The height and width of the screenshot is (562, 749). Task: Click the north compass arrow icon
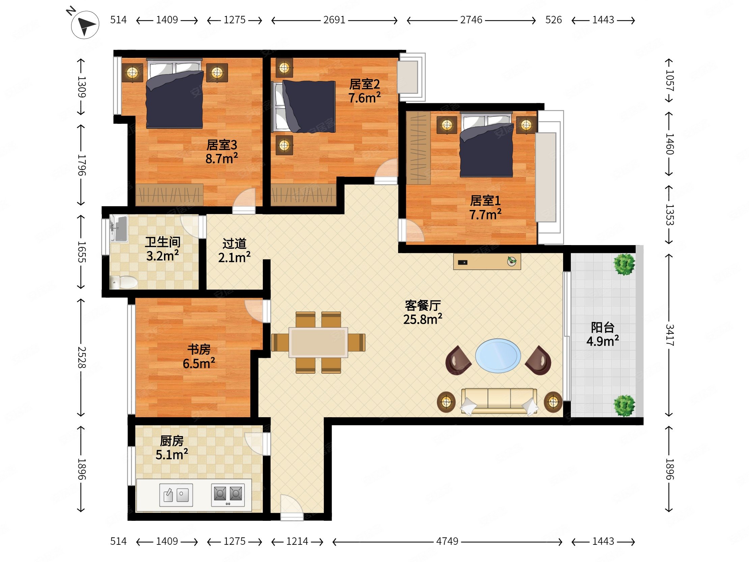(x=85, y=24)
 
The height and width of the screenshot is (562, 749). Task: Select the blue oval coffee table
(x=498, y=356)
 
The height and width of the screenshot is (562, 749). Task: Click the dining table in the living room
(x=318, y=343)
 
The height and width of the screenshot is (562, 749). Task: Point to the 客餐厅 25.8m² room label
(x=423, y=312)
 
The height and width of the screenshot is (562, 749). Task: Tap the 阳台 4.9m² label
(x=603, y=334)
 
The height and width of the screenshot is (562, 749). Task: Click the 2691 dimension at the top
(x=334, y=20)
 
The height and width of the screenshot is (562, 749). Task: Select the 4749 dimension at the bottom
(x=447, y=541)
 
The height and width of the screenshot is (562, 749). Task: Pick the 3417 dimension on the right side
(x=669, y=335)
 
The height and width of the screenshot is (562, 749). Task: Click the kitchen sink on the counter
(x=176, y=495)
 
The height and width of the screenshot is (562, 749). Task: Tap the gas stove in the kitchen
(x=228, y=495)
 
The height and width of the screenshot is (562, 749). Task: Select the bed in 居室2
(x=305, y=106)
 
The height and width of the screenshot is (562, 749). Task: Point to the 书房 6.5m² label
(x=199, y=356)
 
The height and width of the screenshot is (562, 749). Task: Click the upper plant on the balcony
(x=625, y=264)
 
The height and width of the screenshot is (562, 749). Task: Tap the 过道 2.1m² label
(x=234, y=251)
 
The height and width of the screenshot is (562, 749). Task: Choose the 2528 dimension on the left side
(x=82, y=357)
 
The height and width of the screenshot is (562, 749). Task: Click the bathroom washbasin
(x=118, y=228)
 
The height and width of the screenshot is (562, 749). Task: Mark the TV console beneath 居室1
(x=487, y=262)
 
